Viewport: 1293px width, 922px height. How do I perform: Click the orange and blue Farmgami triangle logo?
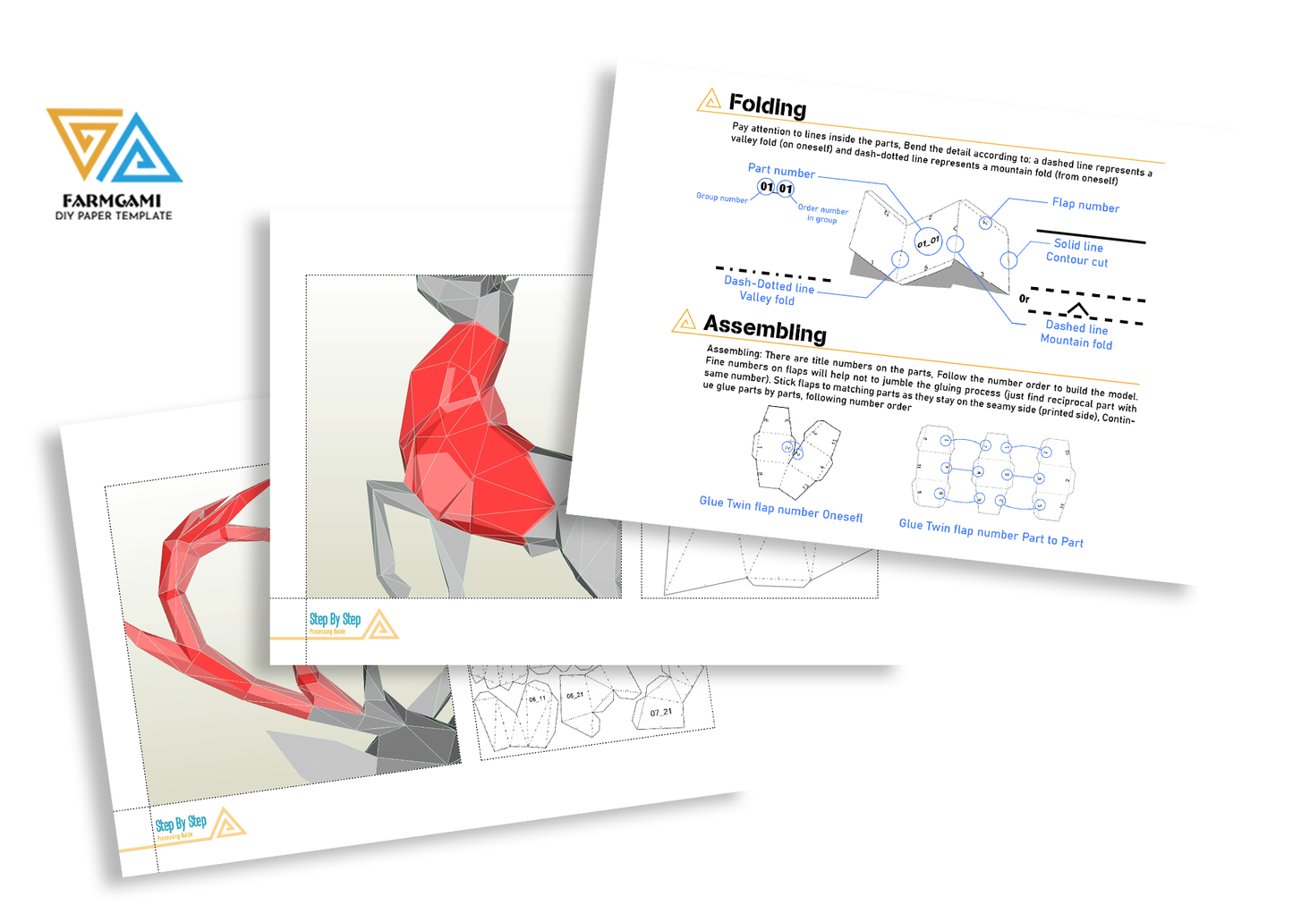[x=114, y=146]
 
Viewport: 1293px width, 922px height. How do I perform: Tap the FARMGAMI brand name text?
[x=112, y=201]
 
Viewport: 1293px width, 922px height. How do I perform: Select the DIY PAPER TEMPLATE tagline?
[x=114, y=216]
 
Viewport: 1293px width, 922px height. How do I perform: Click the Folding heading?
[x=767, y=106]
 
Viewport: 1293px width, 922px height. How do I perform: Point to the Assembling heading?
[x=764, y=328]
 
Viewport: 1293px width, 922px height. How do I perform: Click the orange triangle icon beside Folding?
[x=709, y=99]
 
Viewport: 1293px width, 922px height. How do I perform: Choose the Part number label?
[x=781, y=171]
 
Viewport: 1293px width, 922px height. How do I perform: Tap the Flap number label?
[x=1085, y=205]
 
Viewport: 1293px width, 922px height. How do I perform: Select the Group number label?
[x=721, y=198]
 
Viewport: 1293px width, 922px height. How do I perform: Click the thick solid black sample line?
[x=1091, y=237]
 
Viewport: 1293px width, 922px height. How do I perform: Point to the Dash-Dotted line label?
[x=769, y=284]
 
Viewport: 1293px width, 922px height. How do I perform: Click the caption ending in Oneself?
[x=780, y=509]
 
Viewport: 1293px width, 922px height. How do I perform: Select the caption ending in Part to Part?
[x=991, y=533]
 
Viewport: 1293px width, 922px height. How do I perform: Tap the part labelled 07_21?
[x=661, y=713]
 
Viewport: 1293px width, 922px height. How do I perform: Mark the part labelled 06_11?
[x=537, y=699]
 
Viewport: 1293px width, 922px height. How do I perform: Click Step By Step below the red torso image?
[x=335, y=620]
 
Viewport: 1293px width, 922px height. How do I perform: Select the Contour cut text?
[x=1076, y=260]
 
